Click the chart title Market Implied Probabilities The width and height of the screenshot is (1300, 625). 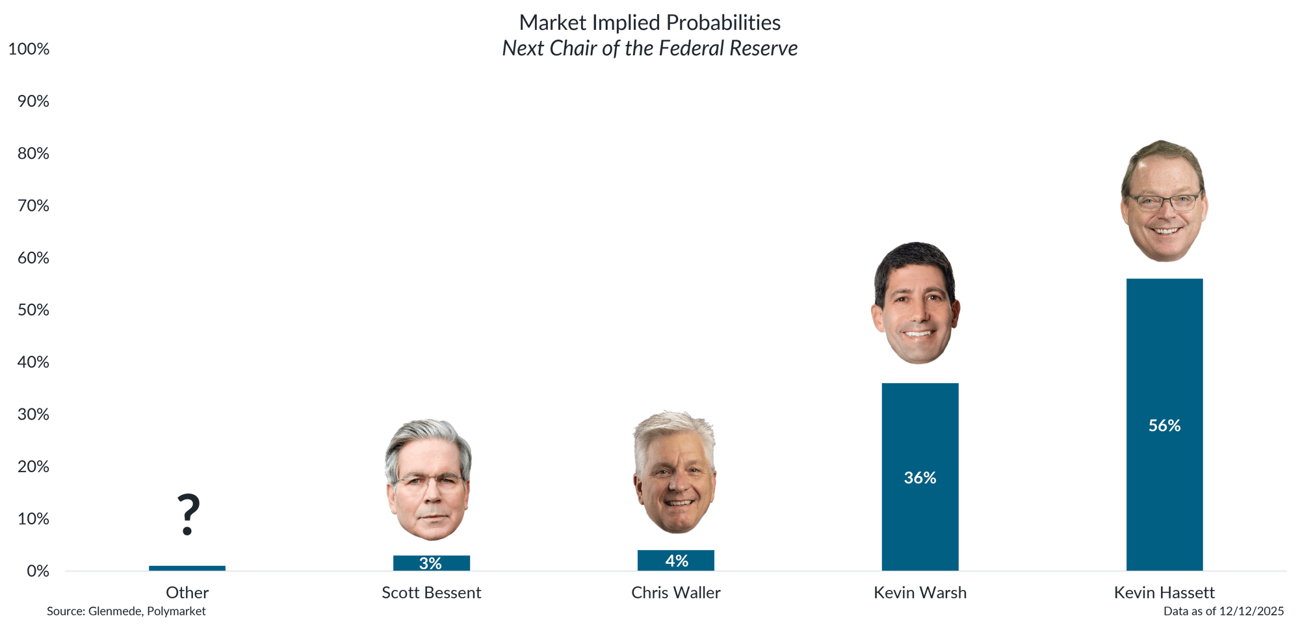(650, 23)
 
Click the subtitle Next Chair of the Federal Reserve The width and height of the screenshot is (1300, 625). (650, 49)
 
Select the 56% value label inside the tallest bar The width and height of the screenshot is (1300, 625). (1164, 425)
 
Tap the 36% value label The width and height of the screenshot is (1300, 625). (920, 478)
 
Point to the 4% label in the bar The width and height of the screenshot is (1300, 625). (676, 561)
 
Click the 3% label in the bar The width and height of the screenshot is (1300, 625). (430, 563)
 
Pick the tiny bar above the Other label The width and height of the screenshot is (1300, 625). (187, 568)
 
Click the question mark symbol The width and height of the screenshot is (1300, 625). (188, 514)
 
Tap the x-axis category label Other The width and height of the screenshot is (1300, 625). (187, 592)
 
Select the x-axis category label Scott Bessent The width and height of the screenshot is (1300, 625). (431, 592)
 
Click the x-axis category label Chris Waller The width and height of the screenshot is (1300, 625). (675, 592)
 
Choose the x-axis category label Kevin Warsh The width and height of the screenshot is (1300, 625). (920, 592)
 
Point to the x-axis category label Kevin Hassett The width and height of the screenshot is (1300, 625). (1164, 592)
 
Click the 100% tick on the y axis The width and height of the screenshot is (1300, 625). (29, 49)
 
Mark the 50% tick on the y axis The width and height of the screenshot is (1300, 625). (33, 310)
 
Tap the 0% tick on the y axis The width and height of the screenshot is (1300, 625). (38, 571)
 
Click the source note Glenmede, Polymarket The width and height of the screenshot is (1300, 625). (126, 611)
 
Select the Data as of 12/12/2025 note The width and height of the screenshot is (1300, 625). (1223, 611)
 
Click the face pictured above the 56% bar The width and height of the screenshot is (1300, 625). (1163, 202)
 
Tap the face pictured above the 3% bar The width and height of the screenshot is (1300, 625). (429, 480)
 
